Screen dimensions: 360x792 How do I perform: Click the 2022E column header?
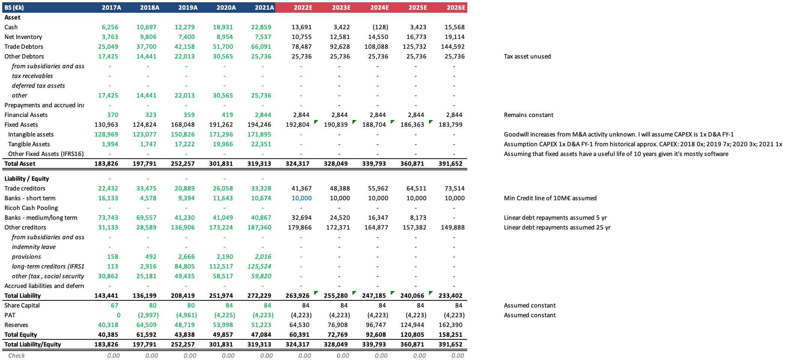point(303,7)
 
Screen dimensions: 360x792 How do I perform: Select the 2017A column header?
point(111,7)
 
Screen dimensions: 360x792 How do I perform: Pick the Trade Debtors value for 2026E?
point(453,46)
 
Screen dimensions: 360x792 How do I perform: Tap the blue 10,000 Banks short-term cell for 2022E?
point(301,198)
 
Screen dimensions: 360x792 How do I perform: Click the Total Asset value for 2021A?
point(259,163)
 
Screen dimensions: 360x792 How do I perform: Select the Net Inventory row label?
point(23,37)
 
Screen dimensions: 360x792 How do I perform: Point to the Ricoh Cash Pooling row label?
point(31,208)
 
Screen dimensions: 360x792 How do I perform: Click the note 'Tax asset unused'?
point(527,56)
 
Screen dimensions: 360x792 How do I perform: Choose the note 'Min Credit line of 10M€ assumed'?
point(550,198)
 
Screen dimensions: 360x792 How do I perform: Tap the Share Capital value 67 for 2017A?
point(114,305)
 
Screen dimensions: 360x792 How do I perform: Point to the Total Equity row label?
point(21,334)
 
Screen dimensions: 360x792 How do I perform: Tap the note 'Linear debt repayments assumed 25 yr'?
point(557,227)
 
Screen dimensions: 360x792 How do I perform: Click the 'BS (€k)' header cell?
point(14,7)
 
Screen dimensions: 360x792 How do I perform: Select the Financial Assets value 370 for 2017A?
point(112,115)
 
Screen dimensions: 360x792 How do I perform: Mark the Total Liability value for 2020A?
point(221,295)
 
